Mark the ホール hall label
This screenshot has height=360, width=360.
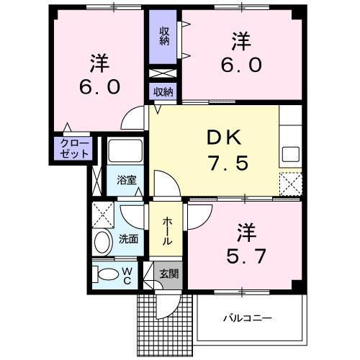(166, 231)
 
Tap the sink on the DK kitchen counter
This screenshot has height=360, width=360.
(291, 154)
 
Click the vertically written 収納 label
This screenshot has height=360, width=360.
(164, 35)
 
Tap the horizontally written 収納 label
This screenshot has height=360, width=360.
(164, 91)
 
